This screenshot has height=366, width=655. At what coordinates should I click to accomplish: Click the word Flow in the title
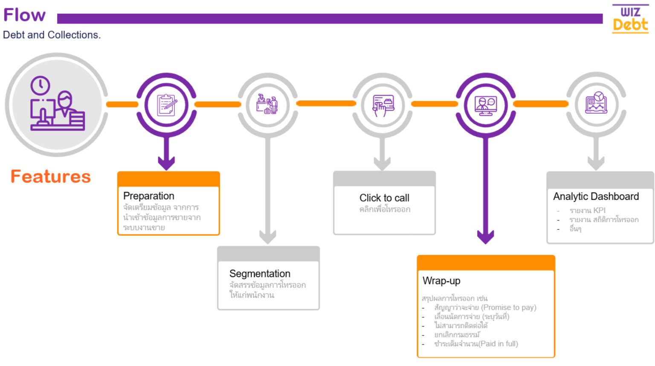(x=24, y=15)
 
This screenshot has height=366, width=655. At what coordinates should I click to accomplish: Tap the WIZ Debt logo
(x=630, y=20)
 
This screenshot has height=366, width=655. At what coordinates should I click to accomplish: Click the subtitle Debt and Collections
(x=52, y=35)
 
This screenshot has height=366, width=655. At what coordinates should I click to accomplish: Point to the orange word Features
(x=51, y=176)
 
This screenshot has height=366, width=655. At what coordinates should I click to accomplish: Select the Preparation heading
(x=149, y=196)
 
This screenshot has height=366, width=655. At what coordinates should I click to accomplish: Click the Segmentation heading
(x=260, y=274)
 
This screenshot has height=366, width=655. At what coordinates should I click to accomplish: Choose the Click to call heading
(x=384, y=198)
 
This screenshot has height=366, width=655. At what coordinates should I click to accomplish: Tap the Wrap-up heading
(x=441, y=281)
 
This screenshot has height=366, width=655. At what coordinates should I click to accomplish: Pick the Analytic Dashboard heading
(x=596, y=196)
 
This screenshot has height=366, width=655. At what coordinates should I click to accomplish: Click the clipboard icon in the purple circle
(x=166, y=105)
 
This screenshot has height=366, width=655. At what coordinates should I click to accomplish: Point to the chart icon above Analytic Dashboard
(x=596, y=103)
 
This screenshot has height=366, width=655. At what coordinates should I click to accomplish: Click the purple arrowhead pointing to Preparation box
(x=166, y=163)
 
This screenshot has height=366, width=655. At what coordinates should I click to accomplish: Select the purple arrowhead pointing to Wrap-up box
(x=485, y=236)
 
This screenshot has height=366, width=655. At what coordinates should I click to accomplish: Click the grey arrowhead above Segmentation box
(x=268, y=237)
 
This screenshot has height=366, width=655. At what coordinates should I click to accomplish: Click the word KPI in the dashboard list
(x=599, y=211)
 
